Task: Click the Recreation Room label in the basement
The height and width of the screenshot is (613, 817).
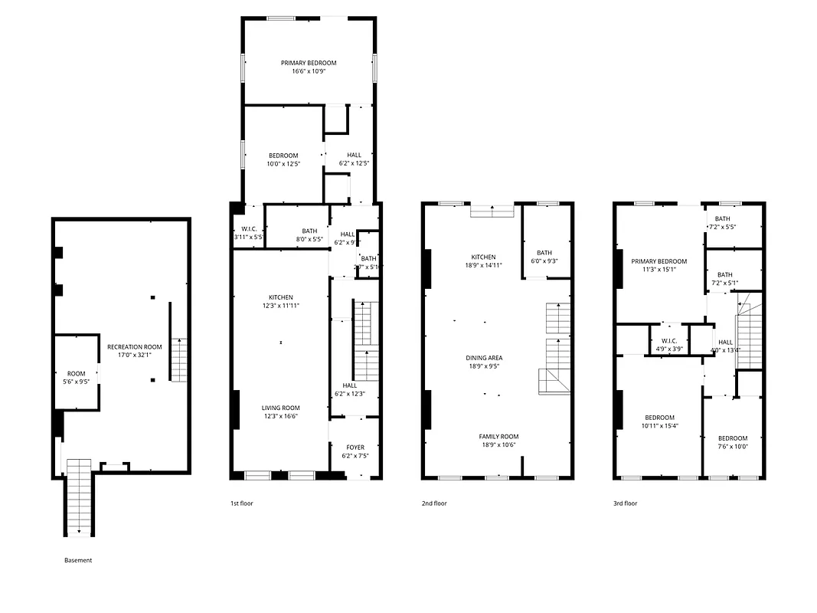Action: tap(135, 350)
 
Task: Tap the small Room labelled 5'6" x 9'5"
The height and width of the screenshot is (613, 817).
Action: tap(76, 377)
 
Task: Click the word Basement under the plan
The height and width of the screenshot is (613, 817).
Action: tap(78, 560)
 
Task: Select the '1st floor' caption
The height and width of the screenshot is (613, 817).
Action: tap(241, 503)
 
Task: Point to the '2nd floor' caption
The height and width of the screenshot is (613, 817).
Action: tap(434, 503)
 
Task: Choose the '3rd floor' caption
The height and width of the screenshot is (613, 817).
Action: tap(625, 503)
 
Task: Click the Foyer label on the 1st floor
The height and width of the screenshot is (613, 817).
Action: tap(355, 451)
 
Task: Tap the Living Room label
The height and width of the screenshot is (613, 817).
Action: tap(281, 412)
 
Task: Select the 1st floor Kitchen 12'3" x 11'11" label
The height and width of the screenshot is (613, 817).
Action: tap(281, 301)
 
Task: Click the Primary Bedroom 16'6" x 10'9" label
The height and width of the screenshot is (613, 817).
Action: tap(308, 67)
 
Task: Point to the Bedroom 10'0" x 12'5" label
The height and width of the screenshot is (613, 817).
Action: tap(283, 159)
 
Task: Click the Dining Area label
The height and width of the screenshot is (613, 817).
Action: tap(484, 362)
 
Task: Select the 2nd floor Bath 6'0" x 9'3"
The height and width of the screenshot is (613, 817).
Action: tap(544, 257)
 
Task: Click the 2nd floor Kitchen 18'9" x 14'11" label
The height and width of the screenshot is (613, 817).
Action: tap(483, 261)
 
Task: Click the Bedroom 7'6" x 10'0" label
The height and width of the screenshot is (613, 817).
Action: tap(732, 442)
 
